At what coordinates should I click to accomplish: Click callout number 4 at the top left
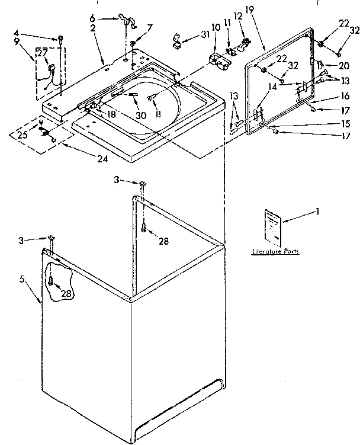(17, 32)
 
